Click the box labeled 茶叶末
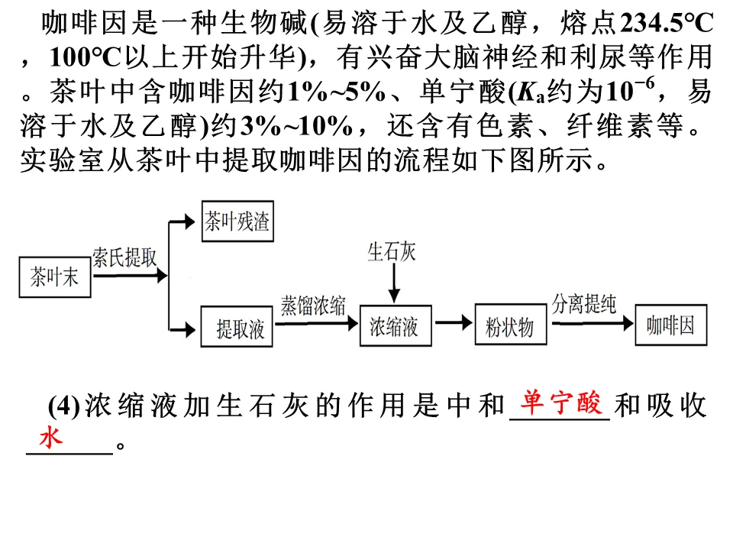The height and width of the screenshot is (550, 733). [54, 277]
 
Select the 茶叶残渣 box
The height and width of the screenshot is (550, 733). [237, 222]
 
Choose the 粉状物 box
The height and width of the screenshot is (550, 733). [510, 328]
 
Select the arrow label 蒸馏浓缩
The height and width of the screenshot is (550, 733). [312, 304]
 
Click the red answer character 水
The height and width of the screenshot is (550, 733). [51, 438]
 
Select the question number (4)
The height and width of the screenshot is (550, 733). [64, 407]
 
